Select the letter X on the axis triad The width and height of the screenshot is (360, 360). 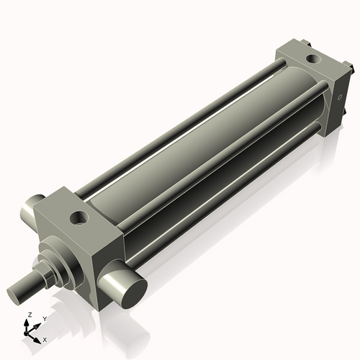click(x=45, y=338)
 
